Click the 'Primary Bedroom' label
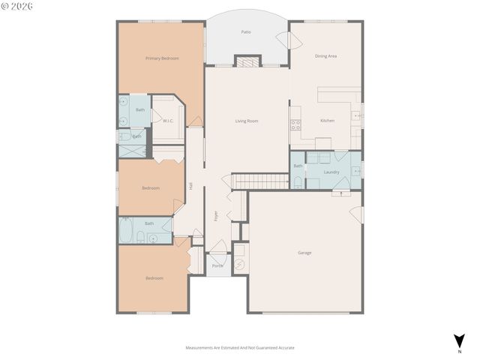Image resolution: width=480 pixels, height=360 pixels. tap(162, 58)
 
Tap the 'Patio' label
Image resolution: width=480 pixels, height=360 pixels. tap(246, 32)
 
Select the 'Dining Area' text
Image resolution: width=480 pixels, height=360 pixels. tap(325, 55)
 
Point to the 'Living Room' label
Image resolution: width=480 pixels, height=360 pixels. tap(247, 120)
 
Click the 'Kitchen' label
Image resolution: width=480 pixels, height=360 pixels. tap(327, 120)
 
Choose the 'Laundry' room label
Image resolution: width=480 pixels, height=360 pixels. tap(331, 172)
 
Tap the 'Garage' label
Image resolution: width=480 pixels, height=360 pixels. tap(304, 253)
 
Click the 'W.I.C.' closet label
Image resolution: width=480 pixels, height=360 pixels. tap(168, 120)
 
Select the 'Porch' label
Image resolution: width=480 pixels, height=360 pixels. tap(217, 265)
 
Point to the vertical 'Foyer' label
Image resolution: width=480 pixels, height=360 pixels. tap(216, 215)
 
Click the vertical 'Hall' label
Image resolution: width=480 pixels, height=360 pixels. tap(191, 186)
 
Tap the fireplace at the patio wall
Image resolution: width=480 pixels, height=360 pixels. tap(247, 61)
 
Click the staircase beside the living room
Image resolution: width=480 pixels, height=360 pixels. tap(259, 181)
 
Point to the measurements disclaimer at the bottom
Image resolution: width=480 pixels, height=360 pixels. tap(240, 348)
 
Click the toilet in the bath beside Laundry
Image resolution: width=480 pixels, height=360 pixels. tap(297, 182)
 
